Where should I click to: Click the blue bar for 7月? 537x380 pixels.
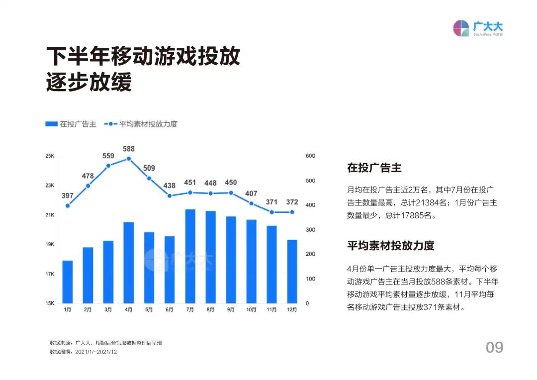190,256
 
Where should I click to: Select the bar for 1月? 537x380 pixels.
68,282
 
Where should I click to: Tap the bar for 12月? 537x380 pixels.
292,272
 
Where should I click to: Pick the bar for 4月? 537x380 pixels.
129,263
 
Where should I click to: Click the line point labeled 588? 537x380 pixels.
129,159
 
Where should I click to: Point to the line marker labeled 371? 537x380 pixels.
271,212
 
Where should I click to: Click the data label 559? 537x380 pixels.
108,156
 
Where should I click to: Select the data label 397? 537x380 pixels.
68,195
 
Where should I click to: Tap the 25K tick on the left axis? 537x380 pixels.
50,156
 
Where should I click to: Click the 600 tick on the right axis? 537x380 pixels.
310,156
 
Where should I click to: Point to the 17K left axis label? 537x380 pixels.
50,274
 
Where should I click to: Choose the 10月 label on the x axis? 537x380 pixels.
251,310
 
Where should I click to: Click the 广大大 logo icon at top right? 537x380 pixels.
461,28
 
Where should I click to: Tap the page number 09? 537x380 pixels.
494,348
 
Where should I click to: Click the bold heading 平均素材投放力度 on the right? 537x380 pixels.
391,246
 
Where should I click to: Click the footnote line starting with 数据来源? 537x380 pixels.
106,343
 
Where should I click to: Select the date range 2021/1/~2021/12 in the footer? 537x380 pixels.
96,352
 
